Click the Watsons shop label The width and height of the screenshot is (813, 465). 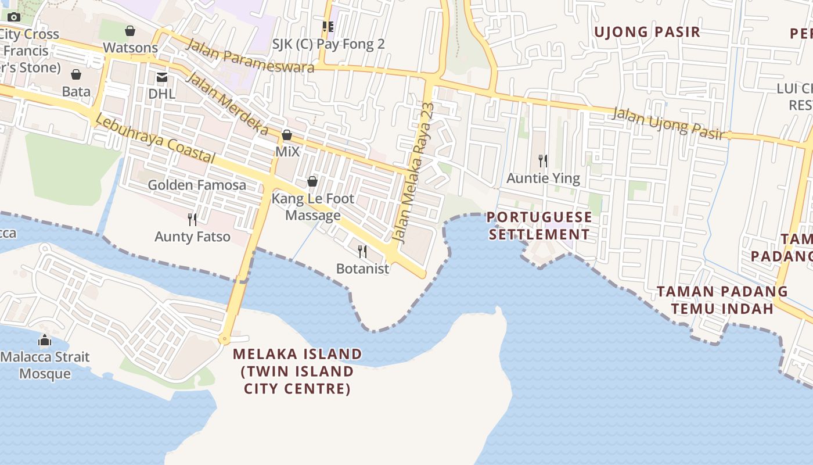[x=130, y=48]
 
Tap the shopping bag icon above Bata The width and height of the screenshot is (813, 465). [x=76, y=74]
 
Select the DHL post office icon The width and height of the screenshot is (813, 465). [x=161, y=77]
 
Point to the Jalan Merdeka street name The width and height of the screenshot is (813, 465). [x=228, y=105]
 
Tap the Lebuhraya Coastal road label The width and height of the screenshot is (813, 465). [x=154, y=139]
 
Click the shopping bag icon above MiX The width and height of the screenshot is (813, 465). [x=287, y=135]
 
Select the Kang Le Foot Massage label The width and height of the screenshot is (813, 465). [x=313, y=207]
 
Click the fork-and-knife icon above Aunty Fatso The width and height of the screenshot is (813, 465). [x=192, y=219]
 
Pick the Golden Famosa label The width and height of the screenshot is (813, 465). [x=197, y=185]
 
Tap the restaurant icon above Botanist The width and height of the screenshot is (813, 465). [x=362, y=251]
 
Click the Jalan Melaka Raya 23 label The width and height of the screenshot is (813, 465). [x=413, y=173]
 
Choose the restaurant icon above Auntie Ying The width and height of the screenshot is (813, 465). [x=543, y=160]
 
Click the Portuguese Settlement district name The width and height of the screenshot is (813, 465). [x=539, y=226]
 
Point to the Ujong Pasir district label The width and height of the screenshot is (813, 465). [x=647, y=32]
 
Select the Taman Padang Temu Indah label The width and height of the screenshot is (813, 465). [x=722, y=300]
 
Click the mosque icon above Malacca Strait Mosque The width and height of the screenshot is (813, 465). [x=45, y=340]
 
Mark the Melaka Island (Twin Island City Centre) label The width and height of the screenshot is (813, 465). [x=297, y=371]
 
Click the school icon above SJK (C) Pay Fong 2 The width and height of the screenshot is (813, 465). [x=328, y=26]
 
